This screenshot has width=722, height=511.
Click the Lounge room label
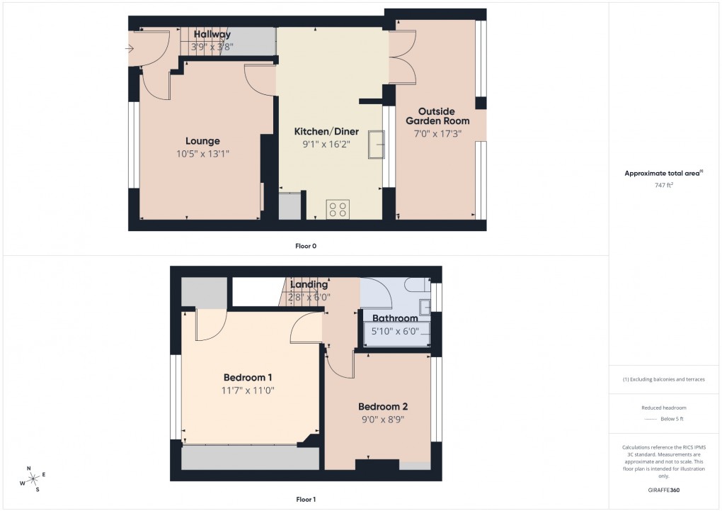tap(202, 141)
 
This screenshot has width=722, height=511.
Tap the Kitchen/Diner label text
tap(326, 132)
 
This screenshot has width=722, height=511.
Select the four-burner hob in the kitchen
tap(337, 209)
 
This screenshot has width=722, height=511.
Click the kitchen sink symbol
tap(375, 145)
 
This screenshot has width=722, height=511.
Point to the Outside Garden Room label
tap(435, 116)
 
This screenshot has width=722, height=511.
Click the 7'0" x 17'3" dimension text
tap(435, 133)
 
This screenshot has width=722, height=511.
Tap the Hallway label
tap(212, 35)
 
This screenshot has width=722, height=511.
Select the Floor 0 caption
tap(306, 246)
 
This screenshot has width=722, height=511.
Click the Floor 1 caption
tap(306, 500)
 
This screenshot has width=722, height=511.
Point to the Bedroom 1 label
tap(248, 377)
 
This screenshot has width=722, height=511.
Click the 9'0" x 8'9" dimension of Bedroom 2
tap(383, 419)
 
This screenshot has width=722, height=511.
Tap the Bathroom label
tap(395, 318)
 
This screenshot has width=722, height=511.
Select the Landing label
tap(309, 285)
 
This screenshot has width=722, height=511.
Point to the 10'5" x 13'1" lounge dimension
tap(202, 153)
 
